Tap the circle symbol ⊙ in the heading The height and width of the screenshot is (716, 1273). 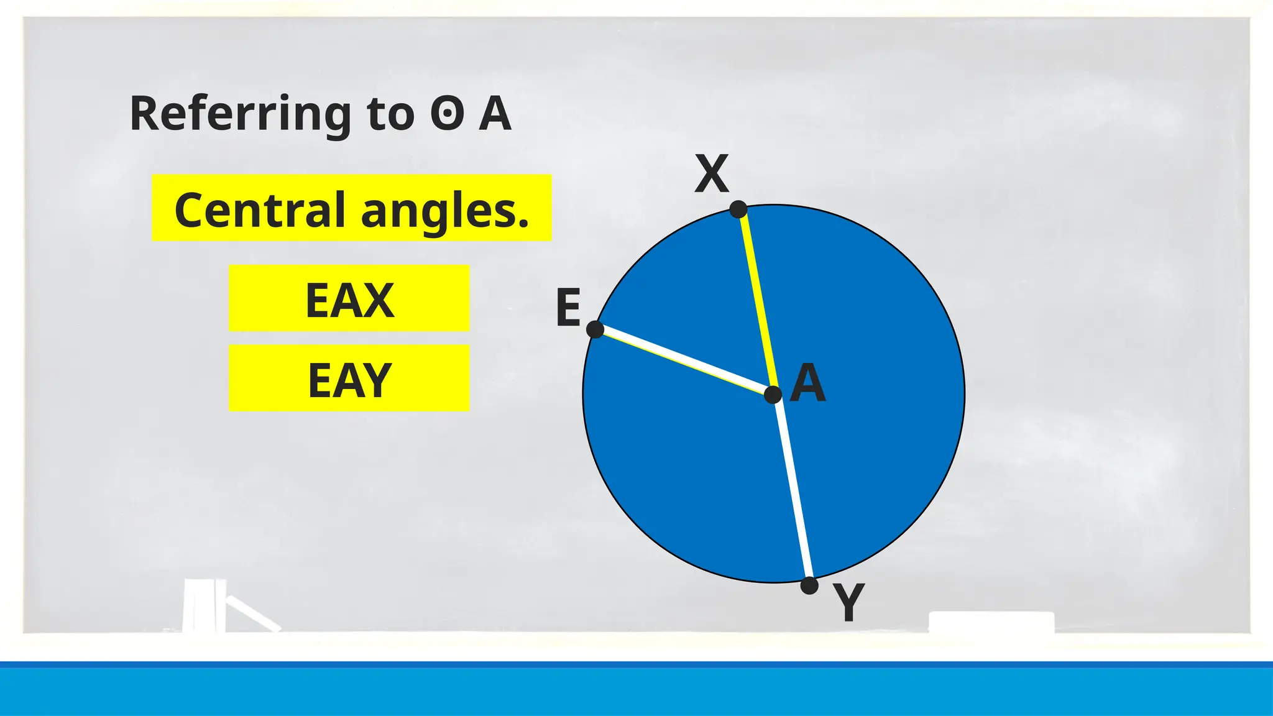click(448, 114)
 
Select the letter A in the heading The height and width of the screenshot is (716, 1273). click(495, 114)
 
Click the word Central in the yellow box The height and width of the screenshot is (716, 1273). click(260, 209)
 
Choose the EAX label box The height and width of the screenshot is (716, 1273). click(349, 299)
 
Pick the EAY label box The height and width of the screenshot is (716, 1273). click(349, 379)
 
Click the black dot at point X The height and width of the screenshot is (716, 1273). click(738, 209)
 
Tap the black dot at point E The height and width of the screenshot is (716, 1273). click(595, 329)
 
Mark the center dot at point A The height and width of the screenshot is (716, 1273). click(773, 395)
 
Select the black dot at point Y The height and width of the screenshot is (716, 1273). click(809, 585)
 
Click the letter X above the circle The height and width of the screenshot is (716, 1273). click(711, 174)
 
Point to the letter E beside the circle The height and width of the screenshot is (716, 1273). click(568, 307)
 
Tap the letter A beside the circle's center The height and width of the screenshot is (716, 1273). click(808, 383)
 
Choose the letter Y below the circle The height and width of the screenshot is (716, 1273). click(849, 602)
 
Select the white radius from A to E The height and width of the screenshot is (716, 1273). click(684, 362)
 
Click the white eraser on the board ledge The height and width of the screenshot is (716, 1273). click(991, 622)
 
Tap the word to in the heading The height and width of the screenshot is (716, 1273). click(391, 114)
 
